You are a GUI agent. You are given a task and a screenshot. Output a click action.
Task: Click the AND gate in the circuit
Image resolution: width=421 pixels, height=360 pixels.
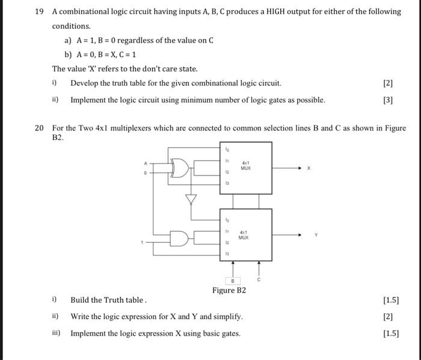point(180,239)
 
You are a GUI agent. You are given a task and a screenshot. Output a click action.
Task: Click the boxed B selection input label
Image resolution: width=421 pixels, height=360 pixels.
point(232,281)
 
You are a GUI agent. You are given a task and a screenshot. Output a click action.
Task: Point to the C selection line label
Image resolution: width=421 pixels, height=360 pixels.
point(260,280)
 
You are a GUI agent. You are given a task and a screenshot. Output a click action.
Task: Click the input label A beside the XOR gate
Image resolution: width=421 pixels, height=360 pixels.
point(144,162)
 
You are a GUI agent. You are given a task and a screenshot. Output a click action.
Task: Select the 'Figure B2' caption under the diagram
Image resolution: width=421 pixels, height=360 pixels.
point(229,290)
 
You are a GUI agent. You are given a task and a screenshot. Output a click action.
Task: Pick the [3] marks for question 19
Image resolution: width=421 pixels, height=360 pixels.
point(387,100)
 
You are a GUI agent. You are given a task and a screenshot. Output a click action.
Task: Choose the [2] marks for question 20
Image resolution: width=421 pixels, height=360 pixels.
point(387,316)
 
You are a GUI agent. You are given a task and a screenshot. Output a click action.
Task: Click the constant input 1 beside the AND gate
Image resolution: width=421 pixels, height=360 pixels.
point(143,243)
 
